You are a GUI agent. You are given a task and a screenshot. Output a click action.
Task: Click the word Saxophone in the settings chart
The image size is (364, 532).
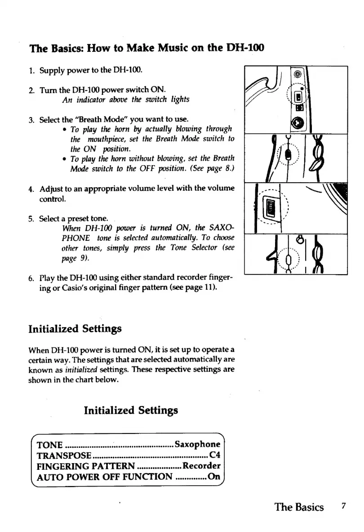pos(197,445)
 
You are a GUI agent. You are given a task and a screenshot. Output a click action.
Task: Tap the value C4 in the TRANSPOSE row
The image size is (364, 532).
pos(214,455)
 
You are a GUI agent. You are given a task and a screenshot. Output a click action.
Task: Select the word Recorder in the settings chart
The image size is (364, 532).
pos(201,465)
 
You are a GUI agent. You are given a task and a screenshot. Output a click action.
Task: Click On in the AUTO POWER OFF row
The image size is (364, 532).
pos(214,476)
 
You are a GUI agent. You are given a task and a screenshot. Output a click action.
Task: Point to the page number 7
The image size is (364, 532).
pos(343,505)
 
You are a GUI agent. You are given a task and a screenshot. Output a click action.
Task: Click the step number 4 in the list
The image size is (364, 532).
pos(31,188)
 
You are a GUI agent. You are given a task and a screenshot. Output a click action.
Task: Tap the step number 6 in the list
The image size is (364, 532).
pos(31,278)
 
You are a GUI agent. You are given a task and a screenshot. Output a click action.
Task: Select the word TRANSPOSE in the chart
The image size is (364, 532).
pos(64,455)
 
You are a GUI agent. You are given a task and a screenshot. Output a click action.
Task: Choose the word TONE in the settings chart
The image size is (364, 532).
pos(49,445)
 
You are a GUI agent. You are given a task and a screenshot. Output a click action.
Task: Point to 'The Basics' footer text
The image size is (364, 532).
pos(299,507)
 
